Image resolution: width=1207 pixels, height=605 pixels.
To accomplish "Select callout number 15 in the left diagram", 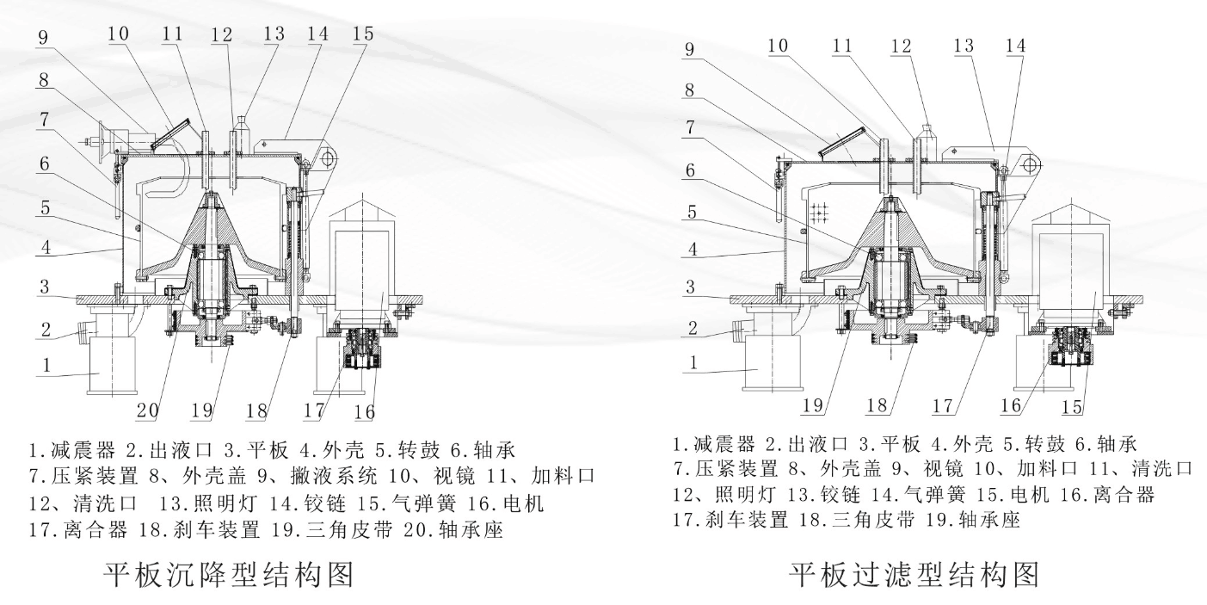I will (x=363, y=34).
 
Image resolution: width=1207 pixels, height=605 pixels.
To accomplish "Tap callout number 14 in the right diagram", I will (x=1015, y=46).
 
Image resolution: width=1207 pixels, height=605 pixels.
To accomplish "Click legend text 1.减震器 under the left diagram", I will (x=64, y=448).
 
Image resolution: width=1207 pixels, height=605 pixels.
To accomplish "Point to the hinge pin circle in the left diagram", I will (x=328, y=157).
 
